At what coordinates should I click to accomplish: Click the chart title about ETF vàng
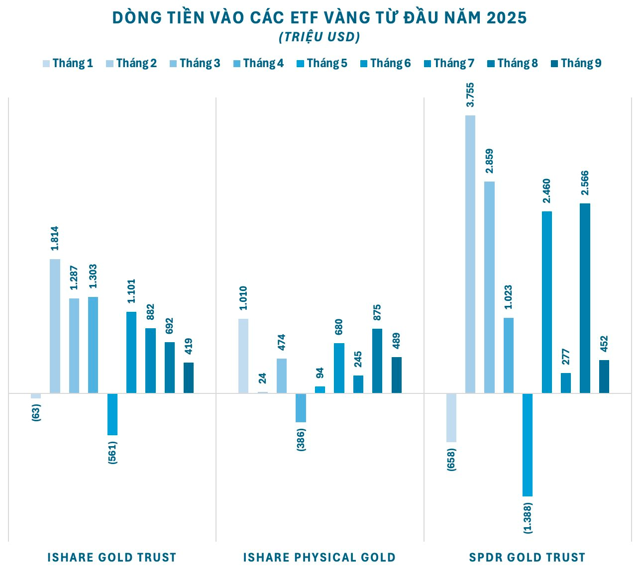coord(320,18)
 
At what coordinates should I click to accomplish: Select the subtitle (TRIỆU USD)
coord(320,37)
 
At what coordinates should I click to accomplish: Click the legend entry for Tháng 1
coord(68,63)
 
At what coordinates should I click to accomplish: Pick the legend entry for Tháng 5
coord(321,63)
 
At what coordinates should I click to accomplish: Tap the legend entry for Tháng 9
coord(576,63)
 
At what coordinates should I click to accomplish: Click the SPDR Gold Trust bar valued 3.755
coord(470,254)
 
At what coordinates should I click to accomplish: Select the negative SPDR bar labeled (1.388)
coord(528,445)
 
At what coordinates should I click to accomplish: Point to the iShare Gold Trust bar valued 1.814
coord(55,326)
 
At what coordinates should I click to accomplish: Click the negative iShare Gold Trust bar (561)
coord(112,414)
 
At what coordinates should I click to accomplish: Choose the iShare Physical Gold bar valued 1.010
coord(243,356)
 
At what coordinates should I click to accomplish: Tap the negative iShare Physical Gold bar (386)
coord(301,408)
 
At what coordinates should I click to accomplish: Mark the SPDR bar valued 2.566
coord(585,298)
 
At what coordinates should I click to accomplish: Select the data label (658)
coord(451,460)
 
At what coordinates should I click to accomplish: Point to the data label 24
coord(263,379)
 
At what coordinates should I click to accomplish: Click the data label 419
coord(189,346)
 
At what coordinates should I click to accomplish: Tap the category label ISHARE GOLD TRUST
coord(112,557)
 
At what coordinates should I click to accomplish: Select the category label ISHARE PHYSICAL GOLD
coord(320,557)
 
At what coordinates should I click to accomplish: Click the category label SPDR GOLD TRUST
coord(527,557)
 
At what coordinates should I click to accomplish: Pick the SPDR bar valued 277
coord(566,383)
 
